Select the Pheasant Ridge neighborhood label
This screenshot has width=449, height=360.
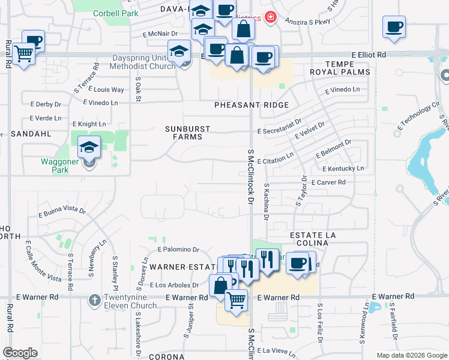(x=252, y=105)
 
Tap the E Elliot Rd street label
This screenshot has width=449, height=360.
(x=369, y=55)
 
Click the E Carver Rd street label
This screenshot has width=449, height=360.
(x=328, y=182)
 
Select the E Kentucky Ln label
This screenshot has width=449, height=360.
(x=344, y=169)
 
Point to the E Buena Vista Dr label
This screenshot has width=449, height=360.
(x=62, y=211)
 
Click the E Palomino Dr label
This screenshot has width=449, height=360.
(x=178, y=249)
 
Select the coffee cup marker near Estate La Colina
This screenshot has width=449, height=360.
(x=297, y=262)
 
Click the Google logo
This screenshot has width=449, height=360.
(x=20, y=353)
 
